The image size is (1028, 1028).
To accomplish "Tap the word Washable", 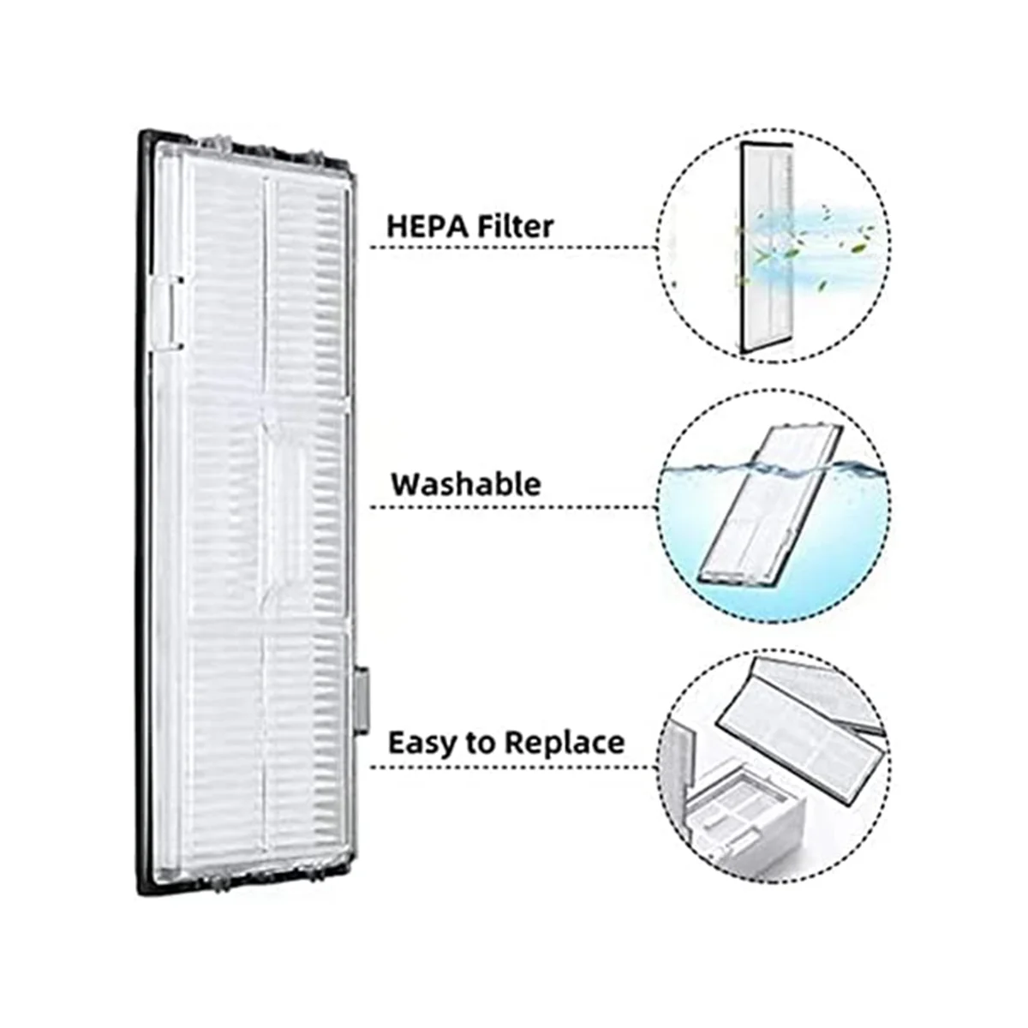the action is coord(466,484).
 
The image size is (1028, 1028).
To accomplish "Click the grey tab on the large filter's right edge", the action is coord(362,702).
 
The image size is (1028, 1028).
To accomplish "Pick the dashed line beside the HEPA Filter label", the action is coord(514,248).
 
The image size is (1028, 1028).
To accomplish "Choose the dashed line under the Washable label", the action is coord(514,507).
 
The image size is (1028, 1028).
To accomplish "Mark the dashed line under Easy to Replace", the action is coord(514,766).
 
